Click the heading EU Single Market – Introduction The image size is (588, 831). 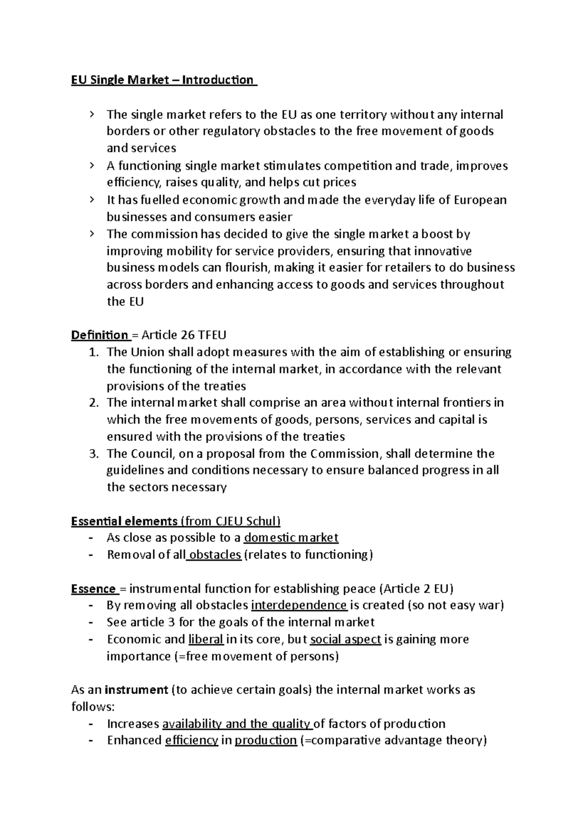[163, 80]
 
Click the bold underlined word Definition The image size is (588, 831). [99, 335]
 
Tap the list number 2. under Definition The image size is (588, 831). [94, 403]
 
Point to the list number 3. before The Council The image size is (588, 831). [94, 454]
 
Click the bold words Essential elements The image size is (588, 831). [124, 521]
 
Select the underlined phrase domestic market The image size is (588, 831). [291, 538]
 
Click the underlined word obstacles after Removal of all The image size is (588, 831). [215, 555]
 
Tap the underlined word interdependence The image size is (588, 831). [299, 605]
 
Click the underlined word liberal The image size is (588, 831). [206, 640]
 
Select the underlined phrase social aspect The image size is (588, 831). [345, 640]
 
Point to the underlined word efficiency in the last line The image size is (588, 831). [191, 741]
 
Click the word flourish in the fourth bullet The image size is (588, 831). [247, 268]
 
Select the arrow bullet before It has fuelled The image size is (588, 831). [91, 199]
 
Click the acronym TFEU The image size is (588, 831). [212, 335]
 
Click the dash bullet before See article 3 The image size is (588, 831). [91, 623]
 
